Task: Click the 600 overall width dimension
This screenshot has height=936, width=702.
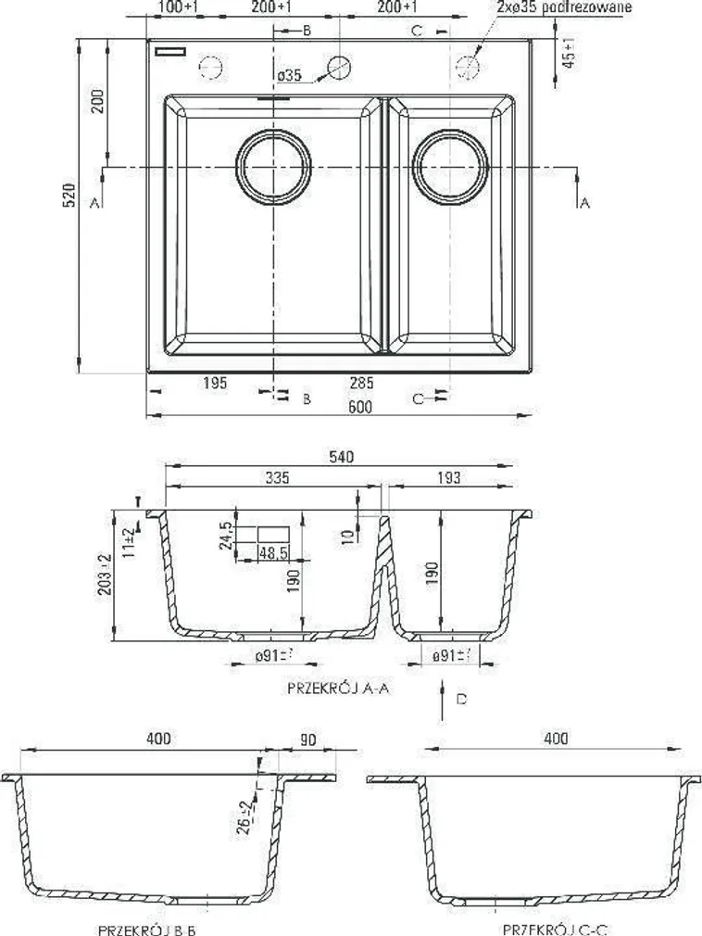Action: tap(360, 408)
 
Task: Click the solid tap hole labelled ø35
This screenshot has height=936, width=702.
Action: tap(340, 67)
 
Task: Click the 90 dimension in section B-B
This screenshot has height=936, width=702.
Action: tap(307, 739)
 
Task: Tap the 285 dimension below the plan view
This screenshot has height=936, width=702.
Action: tap(361, 382)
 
